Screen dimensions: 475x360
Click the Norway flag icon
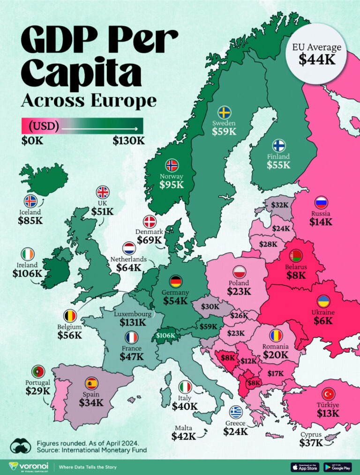pos(172,165)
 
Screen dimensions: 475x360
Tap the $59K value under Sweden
pos(225,131)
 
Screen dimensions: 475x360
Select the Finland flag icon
pos(278,145)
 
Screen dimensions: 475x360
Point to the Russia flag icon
pos(321,203)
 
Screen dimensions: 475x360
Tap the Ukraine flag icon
pos(323,301)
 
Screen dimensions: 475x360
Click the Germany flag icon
pos(176,281)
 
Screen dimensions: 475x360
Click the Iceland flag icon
pos(30,201)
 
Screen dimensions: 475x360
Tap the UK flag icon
pos(102,192)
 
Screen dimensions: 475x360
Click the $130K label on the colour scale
pos(128,141)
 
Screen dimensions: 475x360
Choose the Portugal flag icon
pos(37,371)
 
